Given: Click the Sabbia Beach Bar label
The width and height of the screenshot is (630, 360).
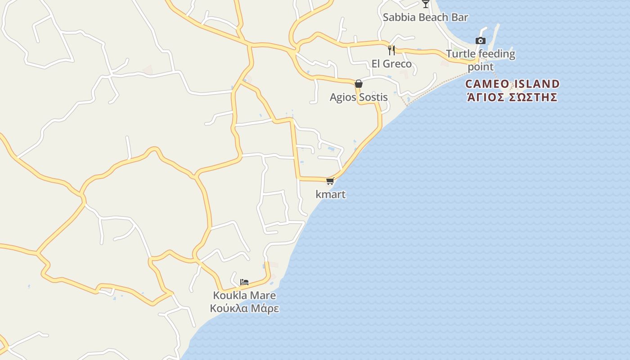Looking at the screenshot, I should click(425, 18).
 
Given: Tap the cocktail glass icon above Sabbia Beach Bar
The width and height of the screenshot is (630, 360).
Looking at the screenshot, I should click(425, 4).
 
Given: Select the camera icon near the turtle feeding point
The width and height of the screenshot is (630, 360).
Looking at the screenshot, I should click(481, 40).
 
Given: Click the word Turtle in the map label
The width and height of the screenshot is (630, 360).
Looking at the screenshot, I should click(460, 54).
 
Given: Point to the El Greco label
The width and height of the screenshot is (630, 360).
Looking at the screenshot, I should click(391, 64).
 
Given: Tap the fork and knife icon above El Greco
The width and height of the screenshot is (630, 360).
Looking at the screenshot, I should click(391, 49).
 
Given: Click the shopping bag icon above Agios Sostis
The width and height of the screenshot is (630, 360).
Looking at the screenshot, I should click(359, 84).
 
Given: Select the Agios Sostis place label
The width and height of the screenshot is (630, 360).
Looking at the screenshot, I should click(359, 97).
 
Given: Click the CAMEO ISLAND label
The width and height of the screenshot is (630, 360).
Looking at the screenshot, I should click(513, 84).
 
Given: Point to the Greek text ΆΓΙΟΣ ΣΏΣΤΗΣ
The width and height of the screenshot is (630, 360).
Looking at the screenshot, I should click(513, 97).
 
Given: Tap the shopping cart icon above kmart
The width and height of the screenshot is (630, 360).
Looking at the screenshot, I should click(330, 181).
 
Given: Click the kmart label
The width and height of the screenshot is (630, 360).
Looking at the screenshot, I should click(331, 194).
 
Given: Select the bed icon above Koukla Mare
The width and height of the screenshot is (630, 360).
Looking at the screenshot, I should click(244, 282).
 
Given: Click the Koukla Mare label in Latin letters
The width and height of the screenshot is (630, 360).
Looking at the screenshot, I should click(244, 296).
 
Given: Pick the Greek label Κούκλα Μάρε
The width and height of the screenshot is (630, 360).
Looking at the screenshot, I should click(244, 309).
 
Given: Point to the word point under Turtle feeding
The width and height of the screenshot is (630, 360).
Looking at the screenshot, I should click(481, 67).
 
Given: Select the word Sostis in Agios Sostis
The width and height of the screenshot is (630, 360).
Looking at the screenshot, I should click(373, 97).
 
